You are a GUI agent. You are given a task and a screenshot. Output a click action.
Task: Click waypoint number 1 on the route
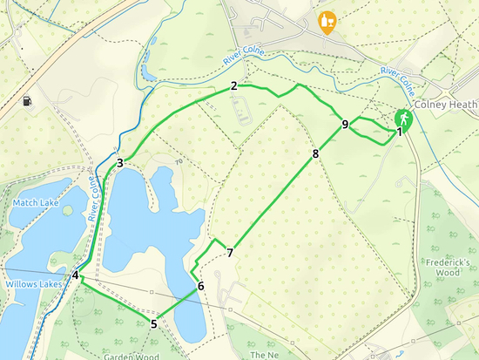[400, 132]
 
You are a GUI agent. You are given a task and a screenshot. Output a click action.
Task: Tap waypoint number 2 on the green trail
[234, 85]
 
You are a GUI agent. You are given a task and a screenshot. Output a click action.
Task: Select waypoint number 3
[119, 162]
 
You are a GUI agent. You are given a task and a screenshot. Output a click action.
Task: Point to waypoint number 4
[76, 275]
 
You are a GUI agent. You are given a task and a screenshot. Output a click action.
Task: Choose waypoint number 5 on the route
[153, 325]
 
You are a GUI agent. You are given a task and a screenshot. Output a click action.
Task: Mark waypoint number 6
[200, 286]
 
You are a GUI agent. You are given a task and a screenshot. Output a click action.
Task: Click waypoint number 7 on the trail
[229, 254]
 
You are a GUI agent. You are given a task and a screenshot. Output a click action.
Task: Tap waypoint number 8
[315, 154]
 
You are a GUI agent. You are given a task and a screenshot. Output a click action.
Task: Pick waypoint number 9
[346, 125]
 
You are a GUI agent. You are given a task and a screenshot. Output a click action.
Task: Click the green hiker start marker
[403, 118]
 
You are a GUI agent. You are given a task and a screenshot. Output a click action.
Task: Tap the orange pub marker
[327, 21]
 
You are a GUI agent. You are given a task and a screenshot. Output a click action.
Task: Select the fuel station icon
[28, 101]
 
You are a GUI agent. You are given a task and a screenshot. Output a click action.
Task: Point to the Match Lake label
[35, 203]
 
